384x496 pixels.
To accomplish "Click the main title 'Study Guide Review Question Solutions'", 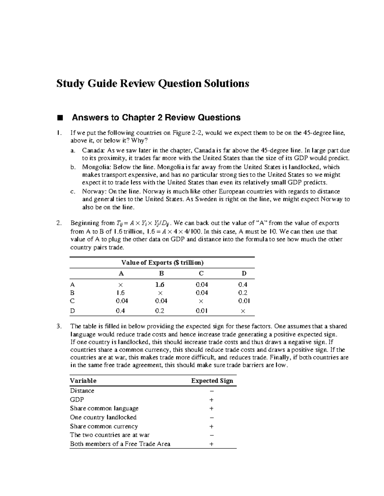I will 153,84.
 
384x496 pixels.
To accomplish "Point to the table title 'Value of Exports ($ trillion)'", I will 162,263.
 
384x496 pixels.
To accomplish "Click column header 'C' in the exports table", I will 201,273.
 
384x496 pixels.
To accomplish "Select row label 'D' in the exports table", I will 72,311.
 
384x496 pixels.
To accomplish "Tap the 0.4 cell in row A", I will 243,285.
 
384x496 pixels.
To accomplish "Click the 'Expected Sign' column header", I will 212,381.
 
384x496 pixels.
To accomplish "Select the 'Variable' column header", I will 83,381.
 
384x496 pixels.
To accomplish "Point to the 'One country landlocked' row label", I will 103,417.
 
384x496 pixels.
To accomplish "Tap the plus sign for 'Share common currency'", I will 212,426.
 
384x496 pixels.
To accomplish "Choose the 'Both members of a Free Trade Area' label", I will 120,444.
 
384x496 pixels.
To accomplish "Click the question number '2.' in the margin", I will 59,223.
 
